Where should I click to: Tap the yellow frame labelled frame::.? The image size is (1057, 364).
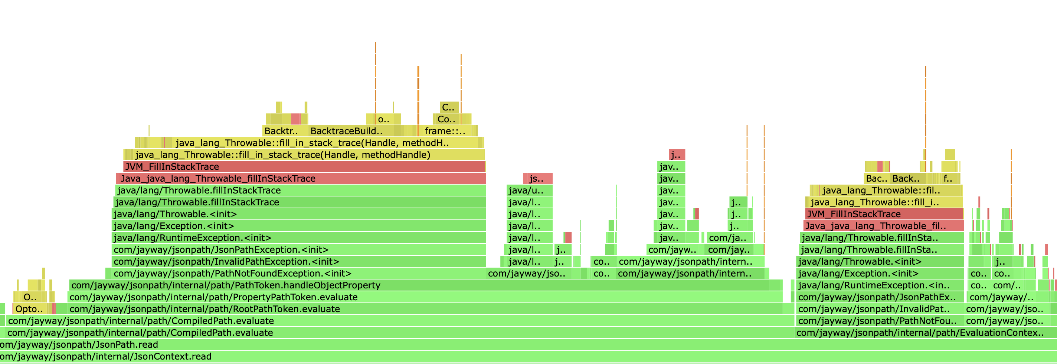[445, 131]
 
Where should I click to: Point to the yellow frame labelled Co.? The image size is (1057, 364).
[446, 119]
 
